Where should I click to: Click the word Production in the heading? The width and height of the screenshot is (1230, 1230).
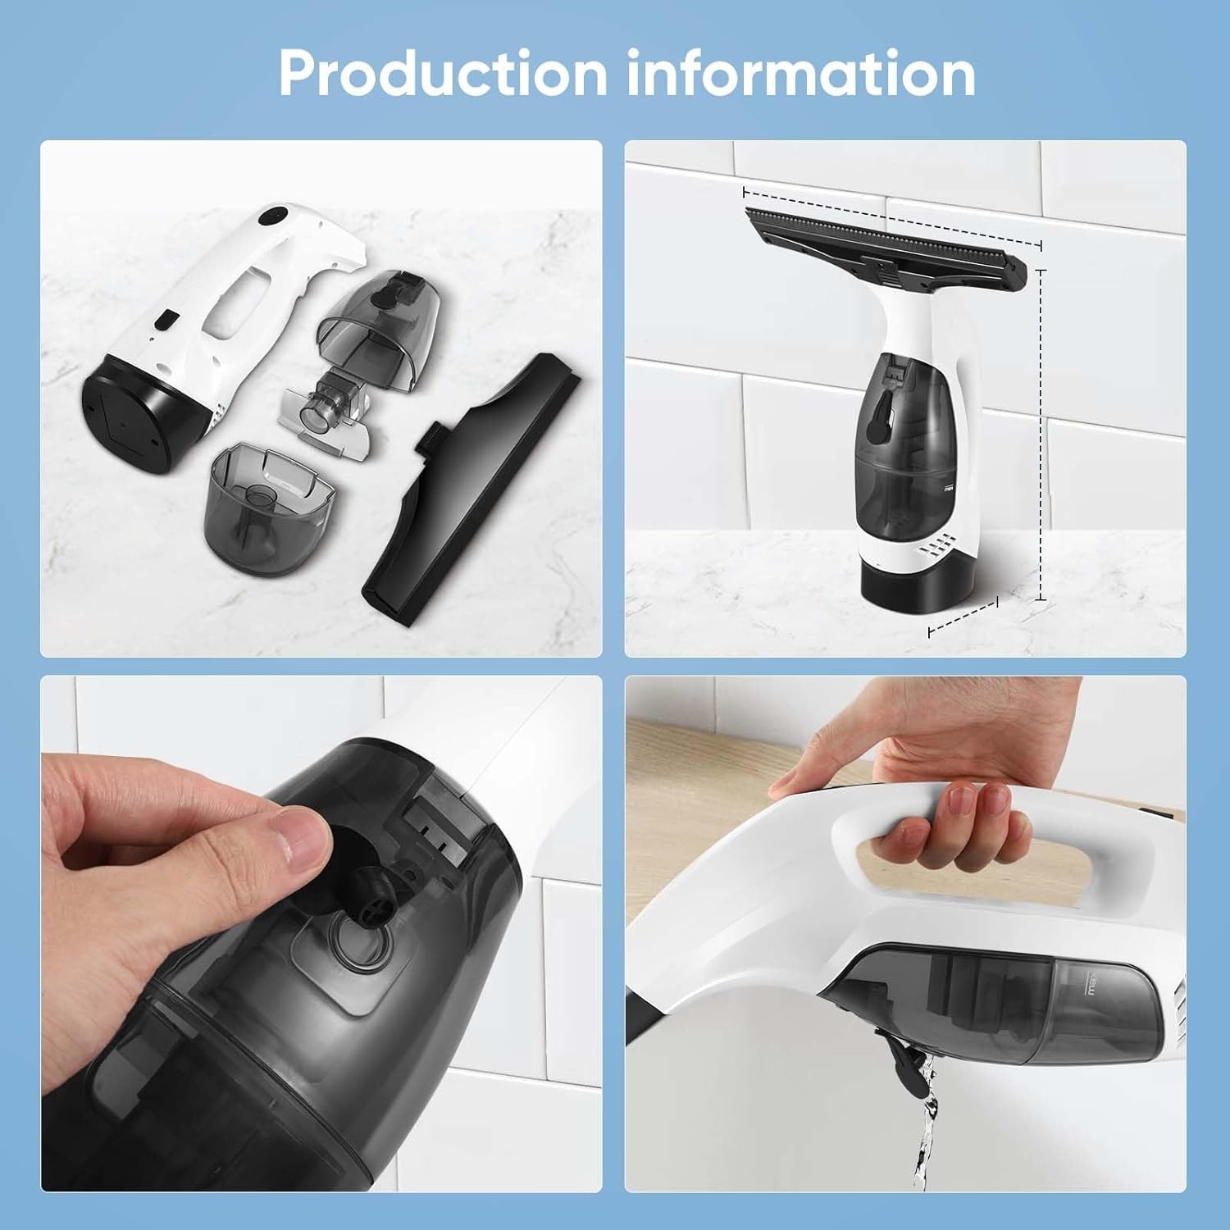[443, 73]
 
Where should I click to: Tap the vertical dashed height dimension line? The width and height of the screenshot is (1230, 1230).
[1041, 435]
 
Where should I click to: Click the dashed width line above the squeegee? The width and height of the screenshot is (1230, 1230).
[892, 219]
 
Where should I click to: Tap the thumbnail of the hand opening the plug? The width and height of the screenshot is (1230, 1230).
[321, 933]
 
